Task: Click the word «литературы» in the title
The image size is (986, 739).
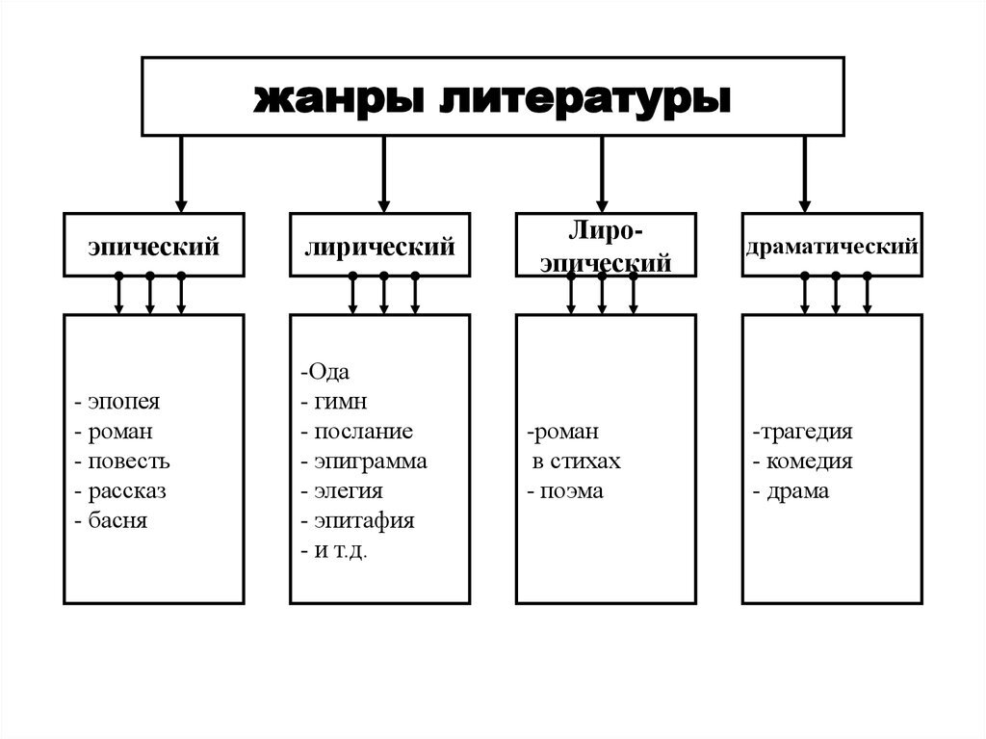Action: point(584,99)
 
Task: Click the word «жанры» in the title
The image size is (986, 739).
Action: point(338,99)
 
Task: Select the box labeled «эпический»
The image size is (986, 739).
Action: point(153,245)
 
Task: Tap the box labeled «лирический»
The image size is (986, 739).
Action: point(379,245)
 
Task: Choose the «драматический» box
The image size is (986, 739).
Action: point(832,245)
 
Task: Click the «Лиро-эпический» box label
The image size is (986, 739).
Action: point(606,247)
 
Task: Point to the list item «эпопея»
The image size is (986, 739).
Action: point(124,401)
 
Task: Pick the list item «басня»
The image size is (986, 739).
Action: point(117,520)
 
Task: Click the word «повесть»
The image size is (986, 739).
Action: point(129,462)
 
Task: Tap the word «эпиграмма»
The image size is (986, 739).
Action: point(371,462)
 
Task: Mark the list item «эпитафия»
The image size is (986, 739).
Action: point(364,521)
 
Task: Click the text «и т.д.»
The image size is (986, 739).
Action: point(340,551)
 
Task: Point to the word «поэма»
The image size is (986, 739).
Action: point(572,491)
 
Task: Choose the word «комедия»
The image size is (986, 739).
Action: point(809,462)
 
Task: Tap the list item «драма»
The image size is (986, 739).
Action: point(797,491)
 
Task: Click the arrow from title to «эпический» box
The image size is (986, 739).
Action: point(181,174)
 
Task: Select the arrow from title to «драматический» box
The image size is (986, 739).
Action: point(804,174)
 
